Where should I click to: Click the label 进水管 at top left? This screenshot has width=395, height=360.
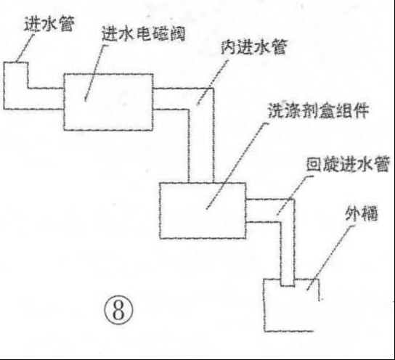pos(49,25)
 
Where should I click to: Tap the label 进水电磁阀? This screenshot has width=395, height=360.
pos(144,34)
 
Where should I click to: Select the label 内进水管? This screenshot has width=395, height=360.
pos(254,47)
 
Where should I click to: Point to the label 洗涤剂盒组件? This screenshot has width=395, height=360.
pos(319,110)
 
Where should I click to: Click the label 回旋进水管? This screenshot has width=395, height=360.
pos(348,164)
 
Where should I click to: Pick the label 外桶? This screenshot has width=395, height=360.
pos(362,214)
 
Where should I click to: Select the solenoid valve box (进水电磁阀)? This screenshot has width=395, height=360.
pos(108,102)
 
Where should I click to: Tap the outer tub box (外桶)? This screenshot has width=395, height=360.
pos(264,305)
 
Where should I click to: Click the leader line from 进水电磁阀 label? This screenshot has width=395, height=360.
pos(96,73)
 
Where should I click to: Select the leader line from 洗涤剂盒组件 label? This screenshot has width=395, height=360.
pos(237,166)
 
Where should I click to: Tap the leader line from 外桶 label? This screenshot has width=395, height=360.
pos(330,257)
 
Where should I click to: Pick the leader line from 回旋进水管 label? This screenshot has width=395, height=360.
pos(294,195)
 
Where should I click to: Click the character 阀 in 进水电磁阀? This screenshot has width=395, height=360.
pos(178,34)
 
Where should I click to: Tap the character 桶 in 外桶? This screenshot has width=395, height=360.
pos(370,215)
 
